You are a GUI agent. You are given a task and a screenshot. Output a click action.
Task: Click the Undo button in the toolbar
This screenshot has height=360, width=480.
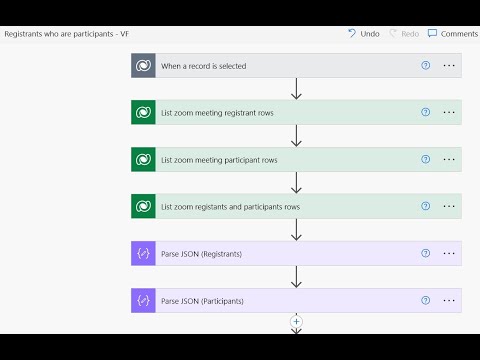tap(363, 33)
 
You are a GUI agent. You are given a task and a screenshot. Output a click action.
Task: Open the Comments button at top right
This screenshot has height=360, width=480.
tap(452, 33)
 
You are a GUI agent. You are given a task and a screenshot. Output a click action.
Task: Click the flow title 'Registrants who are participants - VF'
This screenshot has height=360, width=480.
tap(66, 34)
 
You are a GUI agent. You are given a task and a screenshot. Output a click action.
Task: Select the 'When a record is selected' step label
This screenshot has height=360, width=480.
tap(203, 66)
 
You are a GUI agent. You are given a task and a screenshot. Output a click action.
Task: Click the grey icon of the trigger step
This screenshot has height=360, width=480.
tap(143, 65)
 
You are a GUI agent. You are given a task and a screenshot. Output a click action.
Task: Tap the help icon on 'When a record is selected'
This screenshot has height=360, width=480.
tap(425, 65)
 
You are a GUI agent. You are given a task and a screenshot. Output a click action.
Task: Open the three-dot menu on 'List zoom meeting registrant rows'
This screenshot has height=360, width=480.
tap(449, 113)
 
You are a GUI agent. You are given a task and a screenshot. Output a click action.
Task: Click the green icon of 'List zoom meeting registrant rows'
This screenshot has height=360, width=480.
tap(143, 113)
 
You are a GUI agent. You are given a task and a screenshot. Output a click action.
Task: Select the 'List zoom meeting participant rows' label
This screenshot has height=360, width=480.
tap(219, 160)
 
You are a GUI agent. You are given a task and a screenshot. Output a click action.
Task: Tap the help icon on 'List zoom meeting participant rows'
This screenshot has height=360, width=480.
tap(425, 159)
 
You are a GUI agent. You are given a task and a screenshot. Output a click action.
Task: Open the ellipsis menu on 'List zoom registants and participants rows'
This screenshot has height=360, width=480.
tap(449, 207)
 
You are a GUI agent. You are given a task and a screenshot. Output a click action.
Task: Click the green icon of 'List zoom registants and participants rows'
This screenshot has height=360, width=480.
tap(143, 207)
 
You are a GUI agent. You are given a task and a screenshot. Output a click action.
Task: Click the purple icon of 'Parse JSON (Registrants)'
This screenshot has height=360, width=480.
tap(143, 254)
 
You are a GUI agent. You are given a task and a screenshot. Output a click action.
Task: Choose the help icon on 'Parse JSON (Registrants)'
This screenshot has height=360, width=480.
tap(425, 254)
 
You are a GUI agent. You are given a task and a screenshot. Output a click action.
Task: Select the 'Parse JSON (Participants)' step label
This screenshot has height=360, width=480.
tap(202, 301)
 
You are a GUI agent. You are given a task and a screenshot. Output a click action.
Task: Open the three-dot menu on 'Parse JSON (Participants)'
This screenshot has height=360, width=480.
tap(449, 301)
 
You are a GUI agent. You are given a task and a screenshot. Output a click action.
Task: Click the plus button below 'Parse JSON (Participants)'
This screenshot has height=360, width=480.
tap(296, 321)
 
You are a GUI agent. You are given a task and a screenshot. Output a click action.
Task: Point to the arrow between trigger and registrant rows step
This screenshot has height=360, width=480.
tap(296, 89)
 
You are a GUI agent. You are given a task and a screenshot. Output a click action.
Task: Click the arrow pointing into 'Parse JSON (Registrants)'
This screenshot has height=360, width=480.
tap(296, 231)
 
